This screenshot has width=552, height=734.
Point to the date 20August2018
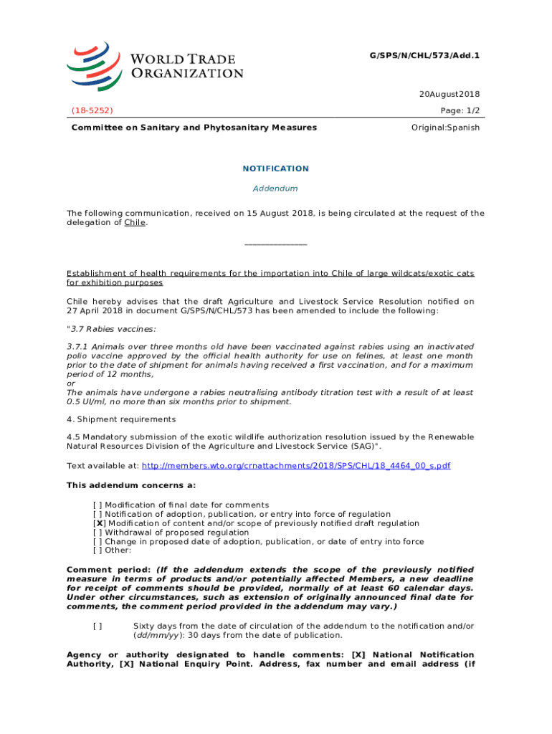point(449,95)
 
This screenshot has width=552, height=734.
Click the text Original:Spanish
point(445,128)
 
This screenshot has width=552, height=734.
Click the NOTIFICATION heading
point(275,168)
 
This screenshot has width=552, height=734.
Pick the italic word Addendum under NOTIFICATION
point(275,189)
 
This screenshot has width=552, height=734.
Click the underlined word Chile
point(135,223)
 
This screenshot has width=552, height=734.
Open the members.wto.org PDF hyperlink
point(296,466)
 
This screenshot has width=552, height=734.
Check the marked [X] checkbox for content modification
point(98,523)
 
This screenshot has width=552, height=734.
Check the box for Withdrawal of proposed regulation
point(98,533)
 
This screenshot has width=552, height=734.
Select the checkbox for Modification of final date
point(98,505)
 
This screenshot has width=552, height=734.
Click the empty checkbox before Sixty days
point(98,626)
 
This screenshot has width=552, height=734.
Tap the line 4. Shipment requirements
point(120,419)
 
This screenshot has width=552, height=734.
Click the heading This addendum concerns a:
point(126,485)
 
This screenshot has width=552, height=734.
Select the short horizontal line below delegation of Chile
point(275,245)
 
